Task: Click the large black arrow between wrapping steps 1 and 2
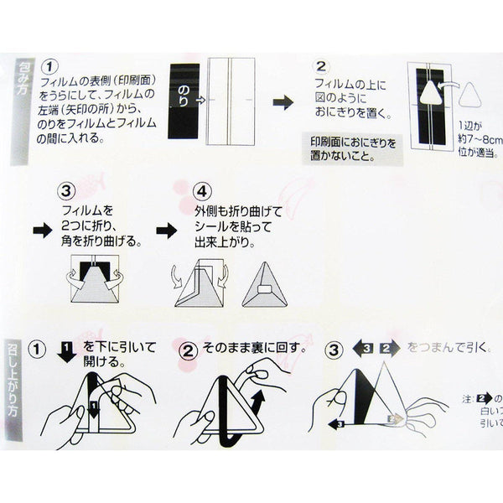(283, 101)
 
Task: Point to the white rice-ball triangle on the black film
(430, 94)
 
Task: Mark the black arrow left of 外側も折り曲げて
(166, 228)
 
